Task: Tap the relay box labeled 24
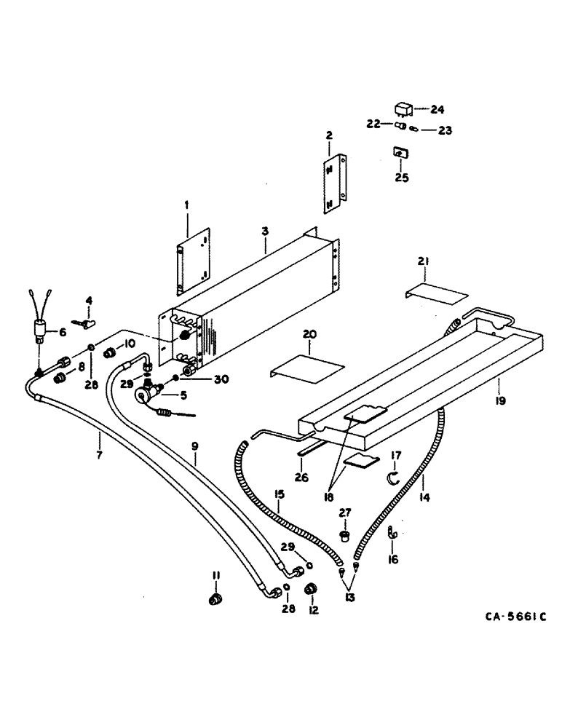403,110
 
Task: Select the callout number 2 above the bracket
329,135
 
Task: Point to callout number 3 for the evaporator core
266,230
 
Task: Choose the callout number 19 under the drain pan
499,400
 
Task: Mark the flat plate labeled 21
435,295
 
